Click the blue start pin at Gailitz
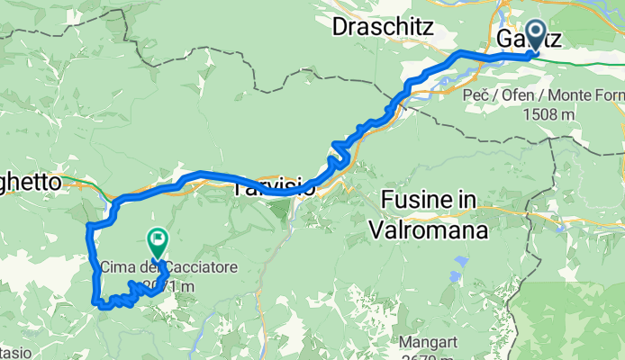[533, 36]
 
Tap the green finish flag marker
[157, 239]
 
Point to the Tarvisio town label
[275, 189]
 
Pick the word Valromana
[429, 229]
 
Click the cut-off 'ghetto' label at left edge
[31, 182]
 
